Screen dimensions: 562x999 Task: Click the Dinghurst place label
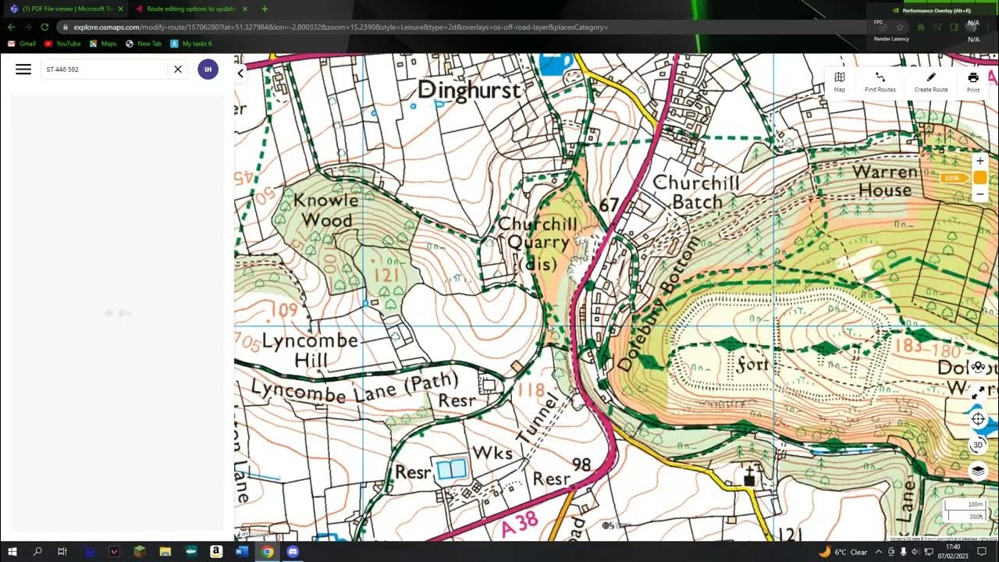(468, 91)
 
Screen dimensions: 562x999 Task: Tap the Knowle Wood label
(326, 210)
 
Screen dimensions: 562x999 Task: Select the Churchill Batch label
(695, 192)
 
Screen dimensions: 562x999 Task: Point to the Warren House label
(885, 180)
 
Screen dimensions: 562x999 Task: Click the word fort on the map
(752, 365)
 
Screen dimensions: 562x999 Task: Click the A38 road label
(518, 524)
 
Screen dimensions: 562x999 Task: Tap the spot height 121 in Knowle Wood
(386, 275)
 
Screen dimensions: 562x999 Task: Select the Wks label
(492, 453)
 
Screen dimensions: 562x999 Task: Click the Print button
(972, 81)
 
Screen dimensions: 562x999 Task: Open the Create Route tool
(930, 81)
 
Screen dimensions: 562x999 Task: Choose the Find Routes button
(880, 81)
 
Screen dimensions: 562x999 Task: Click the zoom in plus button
(979, 161)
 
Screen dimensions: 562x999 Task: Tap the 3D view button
(978, 445)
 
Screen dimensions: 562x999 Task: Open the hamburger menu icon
(23, 69)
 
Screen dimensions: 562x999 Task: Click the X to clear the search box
(178, 69)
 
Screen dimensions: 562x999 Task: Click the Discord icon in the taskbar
(293, 552)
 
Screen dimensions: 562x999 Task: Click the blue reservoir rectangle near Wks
(452, 469)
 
